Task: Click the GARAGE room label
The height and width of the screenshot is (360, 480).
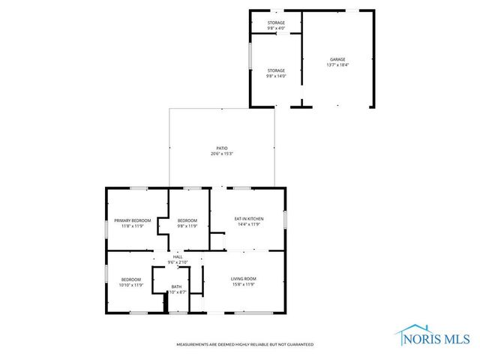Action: (337, 59)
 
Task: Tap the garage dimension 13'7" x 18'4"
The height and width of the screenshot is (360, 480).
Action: (337, 65)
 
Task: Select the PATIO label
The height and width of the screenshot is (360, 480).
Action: (222, 148)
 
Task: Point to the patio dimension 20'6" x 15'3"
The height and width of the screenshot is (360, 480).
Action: (222, 154)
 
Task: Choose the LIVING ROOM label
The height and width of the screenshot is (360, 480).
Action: (243, 279)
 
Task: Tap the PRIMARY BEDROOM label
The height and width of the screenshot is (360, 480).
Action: (133, 220)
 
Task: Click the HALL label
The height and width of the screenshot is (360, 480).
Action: (178, 256)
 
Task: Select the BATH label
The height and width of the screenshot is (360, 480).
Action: (176, 286)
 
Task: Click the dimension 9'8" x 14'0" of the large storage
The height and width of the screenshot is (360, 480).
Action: (276, 76)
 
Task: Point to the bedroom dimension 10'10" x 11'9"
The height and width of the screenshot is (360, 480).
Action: (131, 285)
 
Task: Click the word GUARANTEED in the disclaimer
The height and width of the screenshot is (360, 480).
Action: (298, 344)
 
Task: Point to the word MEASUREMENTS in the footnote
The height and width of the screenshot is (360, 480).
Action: (193, 344)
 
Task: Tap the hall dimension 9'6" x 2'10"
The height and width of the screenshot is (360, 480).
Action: (178, 262)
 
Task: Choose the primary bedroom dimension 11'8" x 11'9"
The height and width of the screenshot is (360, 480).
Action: (133, 226)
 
